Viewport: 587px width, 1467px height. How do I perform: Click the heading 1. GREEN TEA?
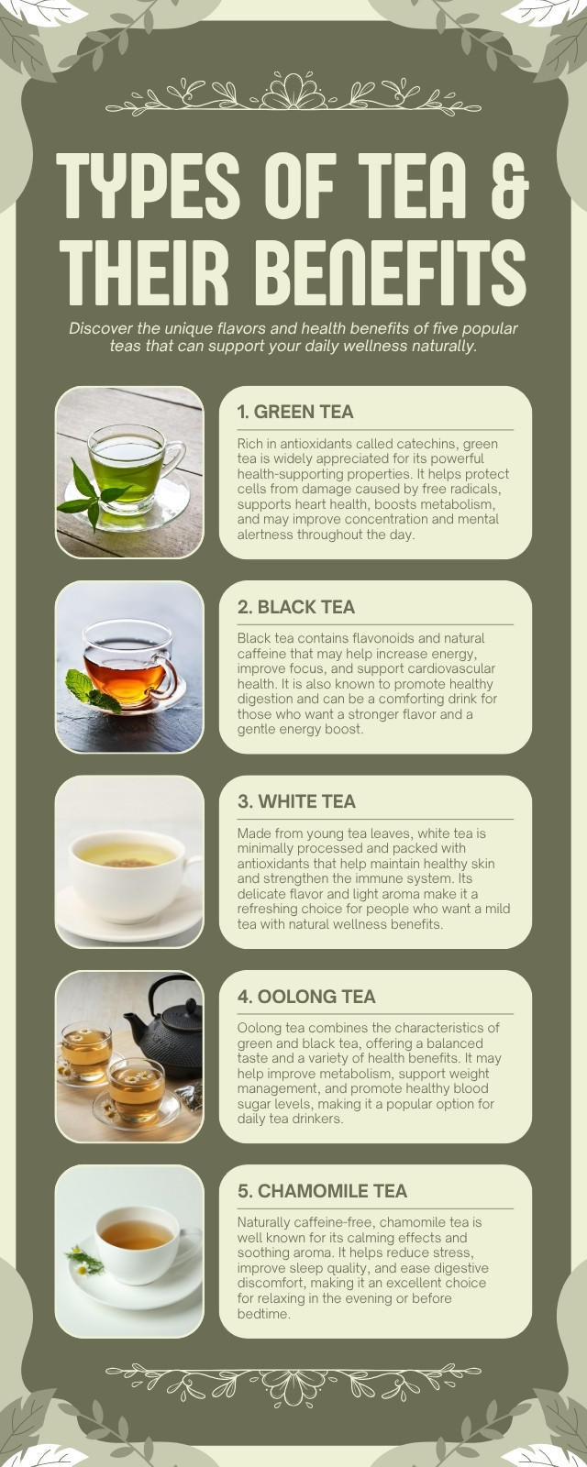(295, 412)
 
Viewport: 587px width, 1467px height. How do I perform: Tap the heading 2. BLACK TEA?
(296, 606)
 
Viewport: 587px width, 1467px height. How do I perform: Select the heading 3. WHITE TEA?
(297, 801)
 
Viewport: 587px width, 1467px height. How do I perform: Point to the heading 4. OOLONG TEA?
(306, 996)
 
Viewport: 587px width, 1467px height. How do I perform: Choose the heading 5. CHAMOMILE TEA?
(322, 1191)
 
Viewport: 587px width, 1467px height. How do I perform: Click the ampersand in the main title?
(510, 187)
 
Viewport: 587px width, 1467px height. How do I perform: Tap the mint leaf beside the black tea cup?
(91, 691)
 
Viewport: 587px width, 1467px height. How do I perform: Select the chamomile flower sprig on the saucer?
(84, 1262)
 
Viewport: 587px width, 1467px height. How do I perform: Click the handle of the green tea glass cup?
(173, 458)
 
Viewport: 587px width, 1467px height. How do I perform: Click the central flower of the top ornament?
(293, 92)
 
